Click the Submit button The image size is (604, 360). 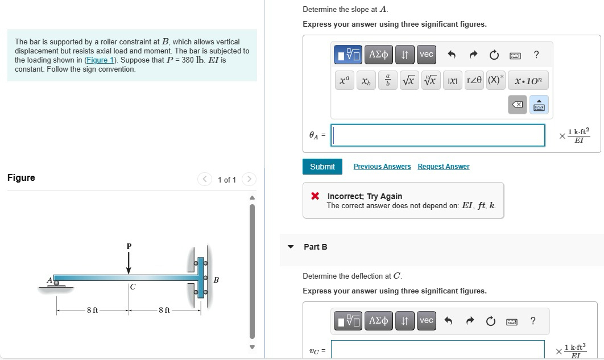(x=322, y=167)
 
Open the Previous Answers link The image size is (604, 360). (x=382, y=167)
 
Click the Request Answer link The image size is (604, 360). (x=443, y=167)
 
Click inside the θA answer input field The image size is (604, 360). (x=438, y=135)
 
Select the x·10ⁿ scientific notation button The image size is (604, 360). (x=528, y=81)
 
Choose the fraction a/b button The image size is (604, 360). (x=387, y=81)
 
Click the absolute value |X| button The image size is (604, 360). (x=453, y=81)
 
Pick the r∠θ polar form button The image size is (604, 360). (x=475, y=81)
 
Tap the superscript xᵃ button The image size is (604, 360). (x=345, y=81)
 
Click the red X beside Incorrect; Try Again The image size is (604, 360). (x=315, y=196)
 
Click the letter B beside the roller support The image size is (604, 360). (x=216, y=280)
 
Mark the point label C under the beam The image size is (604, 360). (x=133, y=287)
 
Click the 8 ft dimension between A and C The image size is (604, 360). (x=92, y=310)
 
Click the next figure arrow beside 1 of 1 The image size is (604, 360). (x=249, y=180)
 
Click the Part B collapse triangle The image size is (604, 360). (x=291, y=247)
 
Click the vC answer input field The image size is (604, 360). (x=438, y=349)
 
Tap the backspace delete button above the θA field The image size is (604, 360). (x=517, y=106)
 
